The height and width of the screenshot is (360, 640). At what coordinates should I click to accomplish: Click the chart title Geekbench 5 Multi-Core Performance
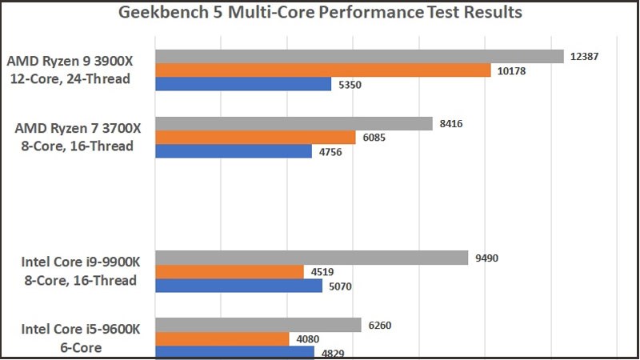pyautogui.click(x=320, y=13)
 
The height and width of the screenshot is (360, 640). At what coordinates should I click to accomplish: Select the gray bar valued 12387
pyautogui.click(x=359, y=56)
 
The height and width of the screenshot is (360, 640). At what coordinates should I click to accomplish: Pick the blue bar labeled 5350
pyautogui.click(x=243, y=84)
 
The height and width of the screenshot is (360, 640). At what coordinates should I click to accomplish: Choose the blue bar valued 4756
pyautogui.click(x=234, y=151)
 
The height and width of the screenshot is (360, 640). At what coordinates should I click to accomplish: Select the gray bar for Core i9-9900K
pyautogui.click(x=311, y=258)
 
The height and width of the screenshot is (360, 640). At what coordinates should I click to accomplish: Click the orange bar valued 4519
pyautogui.click(x=230, y=271)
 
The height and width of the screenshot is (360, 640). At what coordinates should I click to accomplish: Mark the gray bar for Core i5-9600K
pyautogui.click(x=258, y=325)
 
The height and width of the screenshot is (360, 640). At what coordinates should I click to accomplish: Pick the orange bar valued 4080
pyautogui.click(x=222, y=338)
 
